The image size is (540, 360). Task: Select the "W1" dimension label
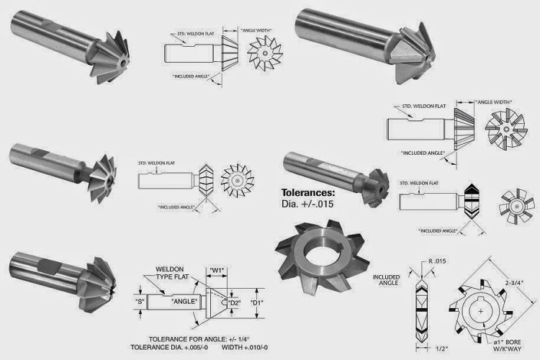tap(218, 271)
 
